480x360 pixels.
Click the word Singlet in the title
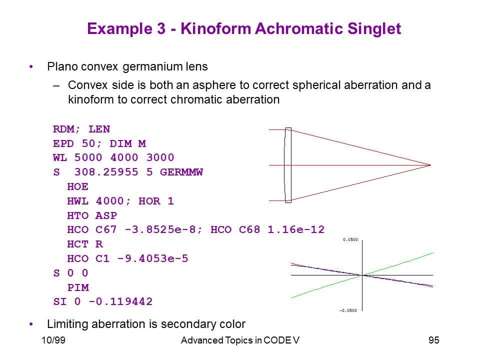coord(374,29)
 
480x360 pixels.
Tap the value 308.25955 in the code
coord(106,172)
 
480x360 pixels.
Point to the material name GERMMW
coord(181,172)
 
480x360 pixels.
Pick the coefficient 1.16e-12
coord(296,229)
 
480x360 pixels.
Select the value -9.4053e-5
coord(153,258)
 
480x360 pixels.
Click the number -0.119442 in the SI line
coord(120,301)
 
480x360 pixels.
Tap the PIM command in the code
coord(78,287)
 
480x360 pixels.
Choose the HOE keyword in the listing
coord(78,186)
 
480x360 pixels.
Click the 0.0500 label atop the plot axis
coord(350,239)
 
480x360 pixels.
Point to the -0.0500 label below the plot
coord(348,310)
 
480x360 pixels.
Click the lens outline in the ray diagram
coord(291,165)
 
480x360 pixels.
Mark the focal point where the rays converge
coord(430,165)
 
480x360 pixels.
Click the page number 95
coord(434,340)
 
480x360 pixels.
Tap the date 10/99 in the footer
coord(53,340)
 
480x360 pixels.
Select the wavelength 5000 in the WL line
coord(88,157)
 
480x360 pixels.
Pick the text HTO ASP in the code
coord(92,215)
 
